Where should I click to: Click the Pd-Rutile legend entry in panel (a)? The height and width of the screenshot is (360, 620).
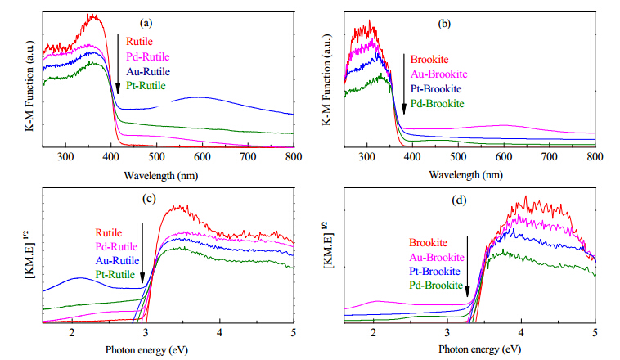coord(148,56)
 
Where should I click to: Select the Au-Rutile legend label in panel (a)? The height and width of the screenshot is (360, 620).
coord(148,72)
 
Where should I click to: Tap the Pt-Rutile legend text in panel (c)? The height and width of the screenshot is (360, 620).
coord(115,275)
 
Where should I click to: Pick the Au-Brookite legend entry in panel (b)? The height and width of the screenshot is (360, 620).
coord(439,74)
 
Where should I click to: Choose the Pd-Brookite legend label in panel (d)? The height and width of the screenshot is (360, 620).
coord(436,286)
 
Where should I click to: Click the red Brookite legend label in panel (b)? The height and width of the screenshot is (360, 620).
coord(429,60)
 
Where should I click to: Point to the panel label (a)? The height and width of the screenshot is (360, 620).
coord(146,23)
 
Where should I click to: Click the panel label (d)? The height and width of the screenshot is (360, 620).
coord(459,200)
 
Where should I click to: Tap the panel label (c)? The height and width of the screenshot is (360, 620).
coord(149,199)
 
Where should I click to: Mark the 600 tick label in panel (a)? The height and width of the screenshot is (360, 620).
coord(202,157)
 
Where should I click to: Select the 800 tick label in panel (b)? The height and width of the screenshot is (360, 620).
coord(595,156)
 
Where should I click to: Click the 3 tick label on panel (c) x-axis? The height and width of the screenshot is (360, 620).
coord(146,332)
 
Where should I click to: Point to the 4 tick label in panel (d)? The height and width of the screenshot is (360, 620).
coord(521,332)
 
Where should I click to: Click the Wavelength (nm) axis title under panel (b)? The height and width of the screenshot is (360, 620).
coord(465,174)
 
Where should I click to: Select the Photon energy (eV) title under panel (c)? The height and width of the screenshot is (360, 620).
coord(146,350)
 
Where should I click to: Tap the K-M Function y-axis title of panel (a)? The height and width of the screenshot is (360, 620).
coord(29,85)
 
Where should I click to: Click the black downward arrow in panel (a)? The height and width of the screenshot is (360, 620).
coord(118,64)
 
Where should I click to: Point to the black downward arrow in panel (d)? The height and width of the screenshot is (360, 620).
coord(467,267)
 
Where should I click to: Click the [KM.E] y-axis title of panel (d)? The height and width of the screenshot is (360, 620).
coord(328,245)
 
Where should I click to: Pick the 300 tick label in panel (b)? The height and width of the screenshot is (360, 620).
coord(366,156)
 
